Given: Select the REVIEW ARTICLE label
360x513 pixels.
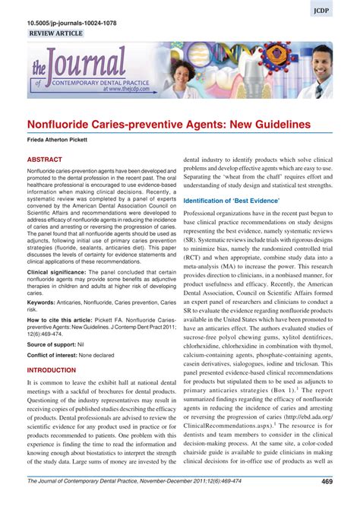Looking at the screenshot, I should point(58,35).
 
